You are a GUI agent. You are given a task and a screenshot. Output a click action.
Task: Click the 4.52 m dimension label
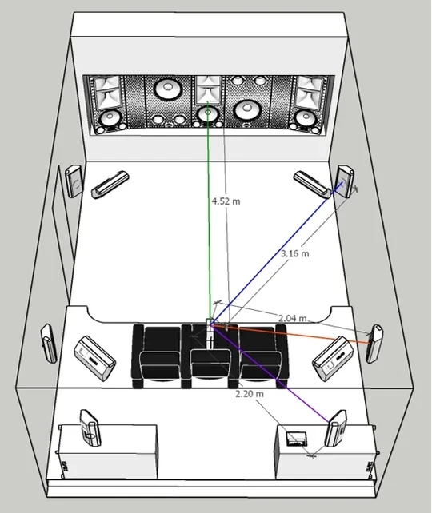[226, 201]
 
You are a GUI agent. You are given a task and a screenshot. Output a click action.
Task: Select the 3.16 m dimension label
[294, 253]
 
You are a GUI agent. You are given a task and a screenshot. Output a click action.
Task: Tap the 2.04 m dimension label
[293, 318]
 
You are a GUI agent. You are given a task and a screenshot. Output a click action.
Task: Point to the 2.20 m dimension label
[250, 394]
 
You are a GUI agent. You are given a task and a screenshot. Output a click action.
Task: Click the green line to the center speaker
[209, 213]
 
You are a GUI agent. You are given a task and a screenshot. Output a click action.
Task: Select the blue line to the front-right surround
[277, 254]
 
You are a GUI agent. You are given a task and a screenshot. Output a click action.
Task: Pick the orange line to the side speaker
[290, 334]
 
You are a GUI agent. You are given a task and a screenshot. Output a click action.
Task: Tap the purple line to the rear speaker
[270, 373]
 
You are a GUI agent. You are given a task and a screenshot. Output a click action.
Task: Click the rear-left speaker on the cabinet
[90, 427]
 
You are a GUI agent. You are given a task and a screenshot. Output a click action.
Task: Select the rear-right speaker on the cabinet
[336, 428]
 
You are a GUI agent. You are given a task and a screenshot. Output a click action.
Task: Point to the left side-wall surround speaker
[48, 344]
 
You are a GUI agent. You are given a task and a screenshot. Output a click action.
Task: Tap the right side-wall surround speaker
[374, 344]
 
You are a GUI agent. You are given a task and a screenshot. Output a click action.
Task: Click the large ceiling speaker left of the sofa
[95, 358]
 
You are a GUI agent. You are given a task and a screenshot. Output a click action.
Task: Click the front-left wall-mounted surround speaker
[74, 181]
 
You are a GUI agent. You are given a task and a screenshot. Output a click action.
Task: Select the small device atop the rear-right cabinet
[297, 439]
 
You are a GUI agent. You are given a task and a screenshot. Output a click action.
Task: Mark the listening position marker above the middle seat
[210, 324]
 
